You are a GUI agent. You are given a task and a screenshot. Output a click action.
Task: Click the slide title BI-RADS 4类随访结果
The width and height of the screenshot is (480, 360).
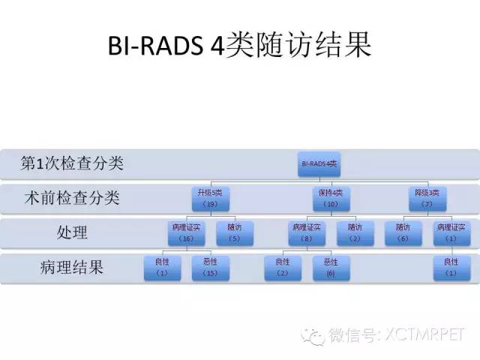point(240,46)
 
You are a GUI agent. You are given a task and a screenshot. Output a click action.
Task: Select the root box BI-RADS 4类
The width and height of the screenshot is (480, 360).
point(319,163)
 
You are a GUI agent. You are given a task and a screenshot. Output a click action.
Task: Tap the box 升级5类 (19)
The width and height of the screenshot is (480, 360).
point(211,198)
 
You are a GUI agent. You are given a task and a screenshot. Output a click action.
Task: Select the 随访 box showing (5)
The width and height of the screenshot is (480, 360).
point(234,232)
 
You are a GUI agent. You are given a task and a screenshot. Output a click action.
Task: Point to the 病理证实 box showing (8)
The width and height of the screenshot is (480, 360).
point(307,232)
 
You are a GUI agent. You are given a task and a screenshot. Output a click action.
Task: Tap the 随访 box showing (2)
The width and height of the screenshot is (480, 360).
point(355,232)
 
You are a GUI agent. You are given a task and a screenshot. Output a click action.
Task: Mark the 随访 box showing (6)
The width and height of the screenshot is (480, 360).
point(403,232)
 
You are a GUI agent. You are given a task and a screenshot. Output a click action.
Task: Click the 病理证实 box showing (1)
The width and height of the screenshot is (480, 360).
point(451,232)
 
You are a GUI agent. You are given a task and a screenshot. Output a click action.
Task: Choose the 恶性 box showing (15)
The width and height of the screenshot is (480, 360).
point(210,267)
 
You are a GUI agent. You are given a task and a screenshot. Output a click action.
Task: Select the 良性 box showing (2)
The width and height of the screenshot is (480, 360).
point(283,267)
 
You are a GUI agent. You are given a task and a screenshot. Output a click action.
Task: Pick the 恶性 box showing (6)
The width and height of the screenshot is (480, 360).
point(331,267)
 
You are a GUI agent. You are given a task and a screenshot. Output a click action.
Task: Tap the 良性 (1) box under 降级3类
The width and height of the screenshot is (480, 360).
point(451,267)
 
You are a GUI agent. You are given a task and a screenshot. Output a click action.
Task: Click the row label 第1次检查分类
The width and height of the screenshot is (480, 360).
point(72,163)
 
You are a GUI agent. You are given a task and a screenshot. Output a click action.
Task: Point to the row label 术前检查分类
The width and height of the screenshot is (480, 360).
point(72,198)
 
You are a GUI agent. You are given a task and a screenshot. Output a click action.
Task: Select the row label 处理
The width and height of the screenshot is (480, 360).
point(72,232)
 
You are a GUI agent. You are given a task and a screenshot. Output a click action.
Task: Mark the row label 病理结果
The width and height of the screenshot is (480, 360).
point(72,267)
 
